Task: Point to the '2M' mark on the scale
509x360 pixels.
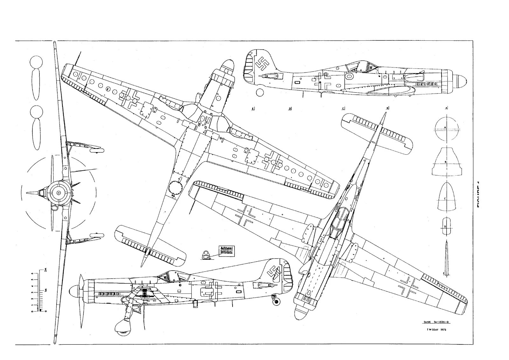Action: pyautogui.click(x=45, y=270)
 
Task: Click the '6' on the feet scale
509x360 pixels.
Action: pyautogui.click(x=32, y=273)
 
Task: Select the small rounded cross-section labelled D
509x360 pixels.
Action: pyautogui.click(x=446, y=225)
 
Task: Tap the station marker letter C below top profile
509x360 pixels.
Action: pyautogui.click(x=343, y=109)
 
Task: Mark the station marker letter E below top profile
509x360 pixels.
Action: pyautogui.click(x=253, y=109)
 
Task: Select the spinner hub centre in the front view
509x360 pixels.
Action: pyautogui.click(x=59, y=193)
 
